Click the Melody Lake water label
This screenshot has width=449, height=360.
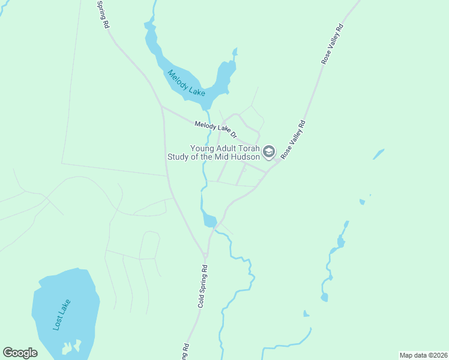point(187,83)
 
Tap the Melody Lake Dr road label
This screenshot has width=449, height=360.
point(216,129)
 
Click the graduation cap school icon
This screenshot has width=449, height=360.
point(268,152)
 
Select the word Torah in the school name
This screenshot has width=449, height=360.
point(247,148)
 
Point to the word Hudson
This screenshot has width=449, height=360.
point(246,157)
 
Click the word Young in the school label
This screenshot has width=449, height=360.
point(202,148)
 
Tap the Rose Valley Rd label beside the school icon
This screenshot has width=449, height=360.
point(293,140)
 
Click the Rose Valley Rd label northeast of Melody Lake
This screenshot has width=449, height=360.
point(332,44)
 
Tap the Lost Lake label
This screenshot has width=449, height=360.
point(62,314)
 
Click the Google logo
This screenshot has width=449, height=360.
point(20,353)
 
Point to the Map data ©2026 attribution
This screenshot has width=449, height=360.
point(423,355)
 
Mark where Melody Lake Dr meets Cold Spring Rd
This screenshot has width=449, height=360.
point(161,107)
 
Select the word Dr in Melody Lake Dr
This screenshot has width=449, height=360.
point(234,135)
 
